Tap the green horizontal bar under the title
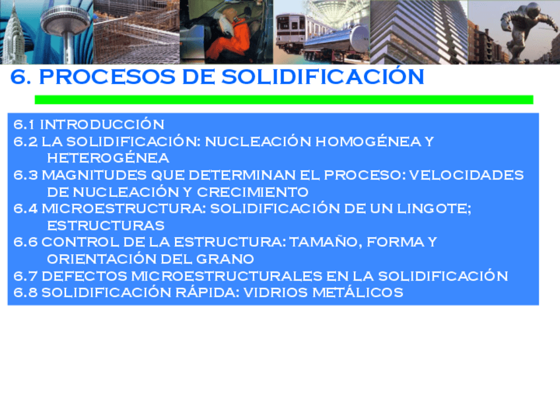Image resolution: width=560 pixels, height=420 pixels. tap(283, 100)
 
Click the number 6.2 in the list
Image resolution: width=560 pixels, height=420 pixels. tap(26, 141)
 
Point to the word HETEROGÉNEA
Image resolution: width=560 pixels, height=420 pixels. tap(108, 158)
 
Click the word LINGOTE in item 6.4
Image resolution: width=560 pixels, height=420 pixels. tap(437, 209)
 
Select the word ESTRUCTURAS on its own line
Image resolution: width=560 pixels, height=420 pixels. tap(106, 225)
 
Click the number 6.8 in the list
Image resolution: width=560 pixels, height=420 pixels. tap(26, 293)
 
